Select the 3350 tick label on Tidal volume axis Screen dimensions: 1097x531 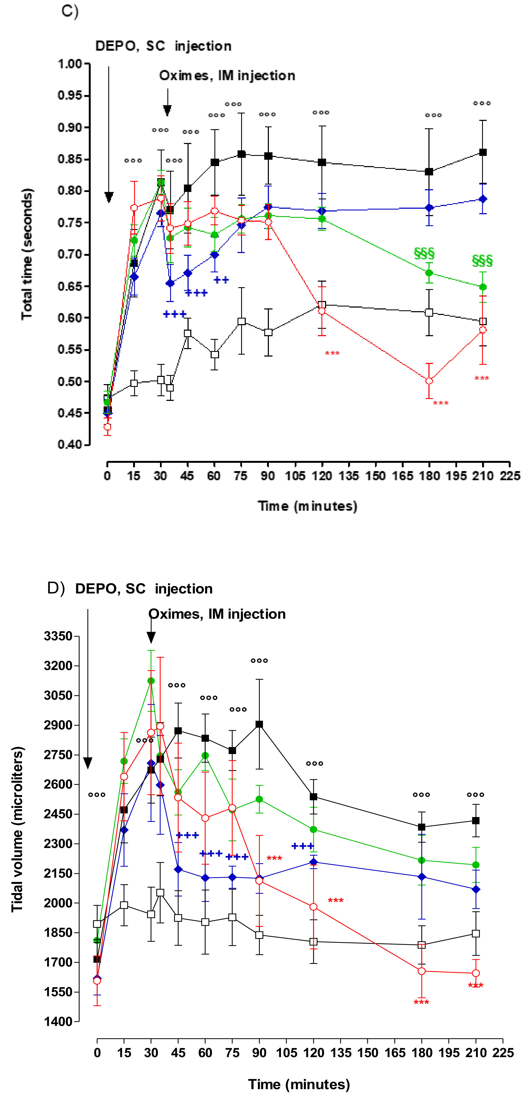[x=58, y=636]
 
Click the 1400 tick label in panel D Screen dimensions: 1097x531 [x=58, y=1021]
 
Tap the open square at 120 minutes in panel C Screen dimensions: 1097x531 [x=322, y=305]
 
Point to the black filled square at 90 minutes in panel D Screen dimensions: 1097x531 [x=259, y=724]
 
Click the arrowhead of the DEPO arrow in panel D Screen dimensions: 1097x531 [x=88, y=763]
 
